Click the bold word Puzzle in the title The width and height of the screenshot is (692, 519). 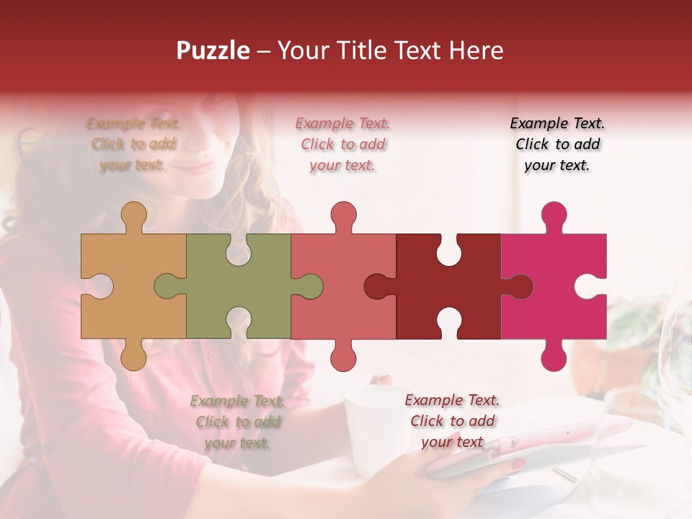pos(213,50)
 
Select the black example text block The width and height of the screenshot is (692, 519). pos(557,144)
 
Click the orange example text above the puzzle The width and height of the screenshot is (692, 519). pos(133,144)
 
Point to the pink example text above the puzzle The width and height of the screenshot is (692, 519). pos(343,144)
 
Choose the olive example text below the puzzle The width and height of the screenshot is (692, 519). pos(238,422)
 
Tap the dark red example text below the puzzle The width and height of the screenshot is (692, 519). pos(452,421)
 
